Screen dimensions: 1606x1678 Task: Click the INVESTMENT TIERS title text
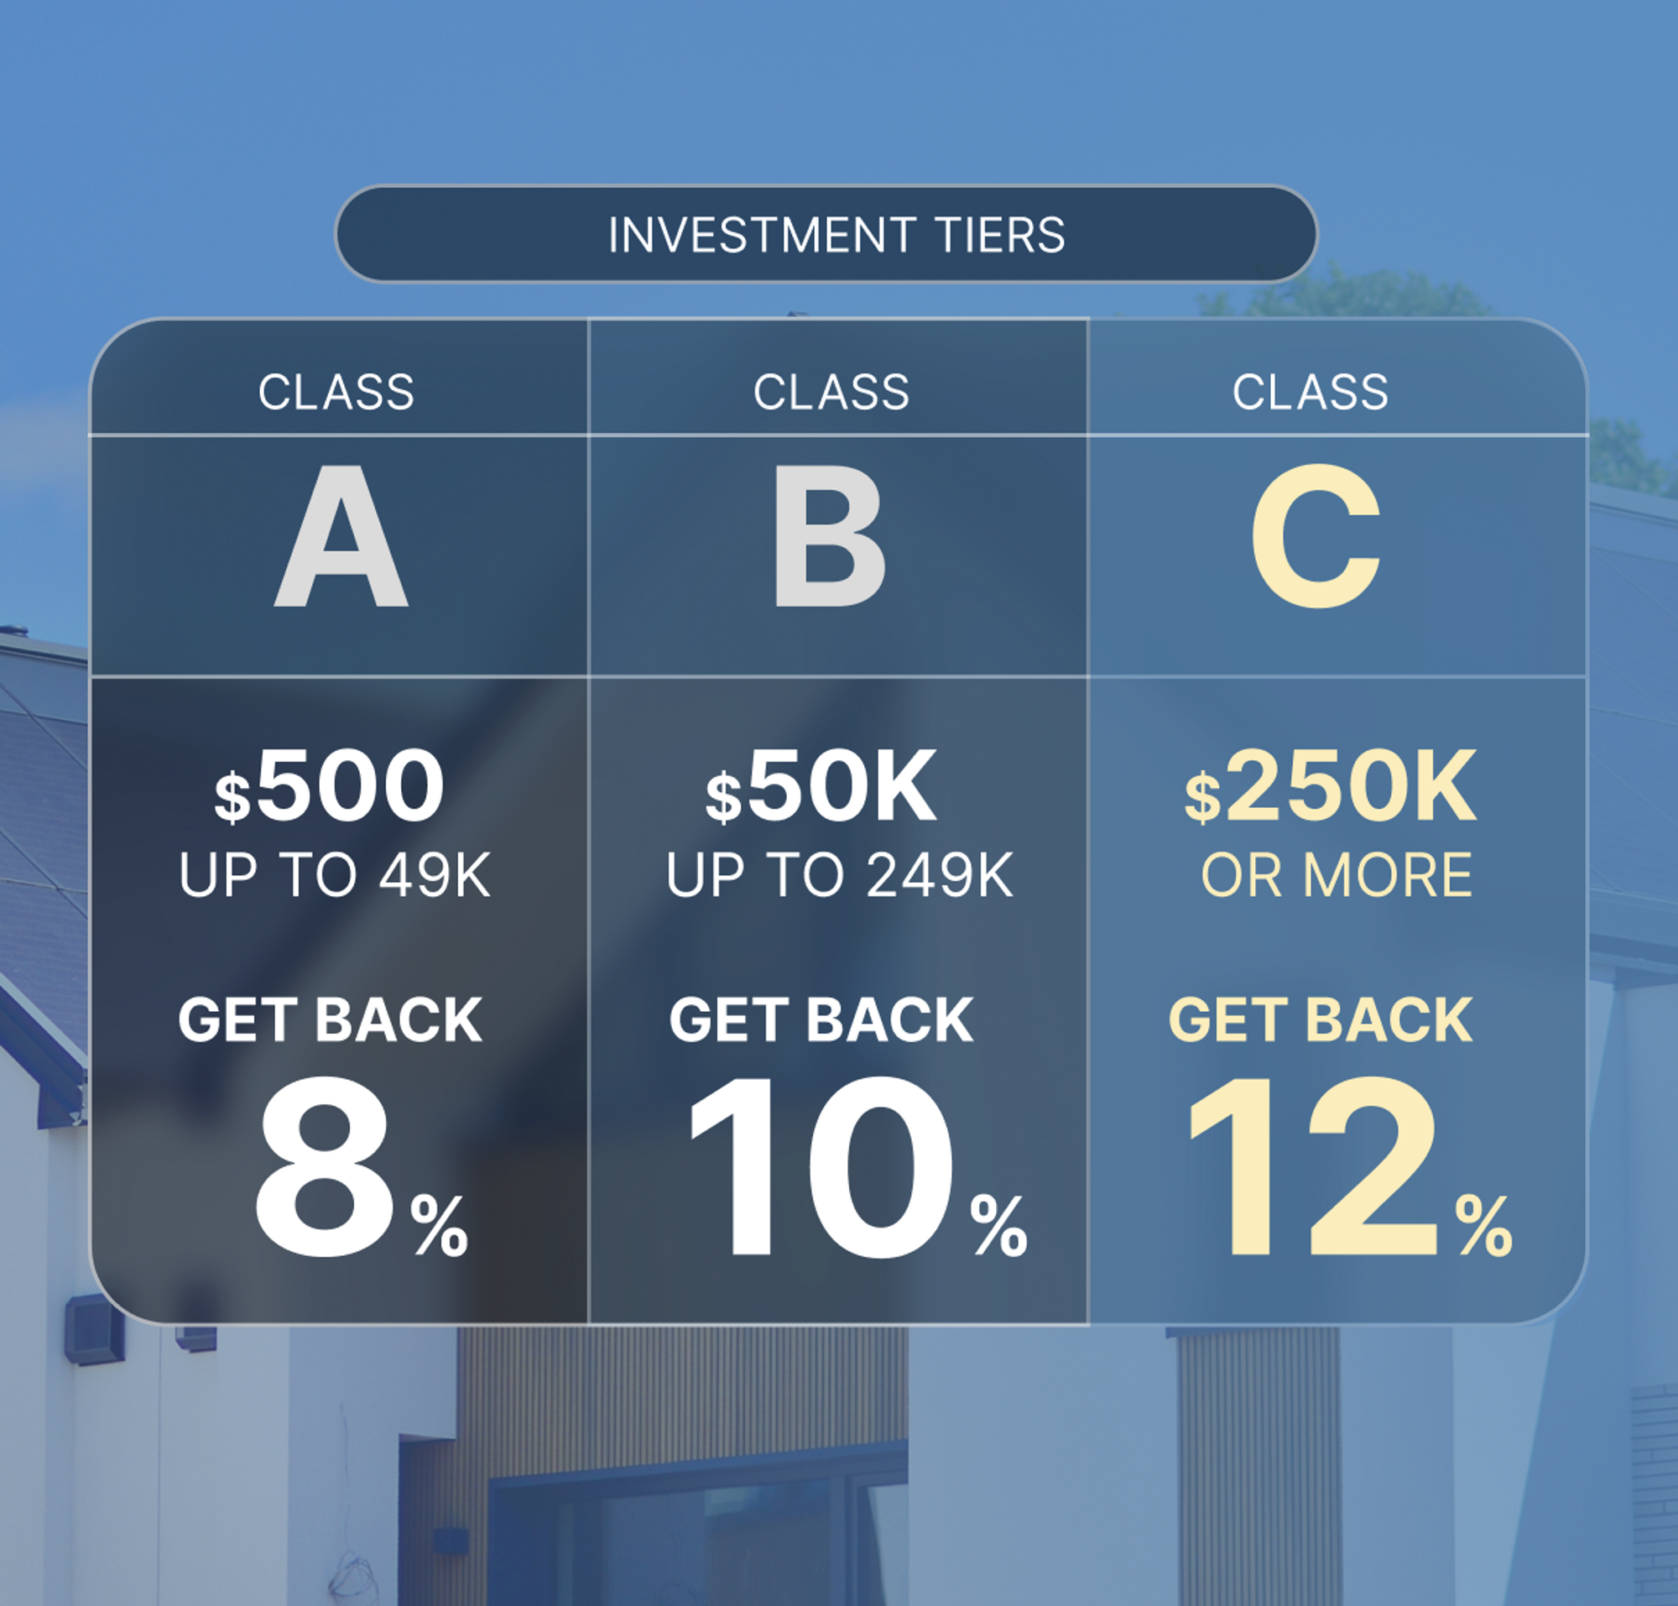836,235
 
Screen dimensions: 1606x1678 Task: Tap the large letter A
341,538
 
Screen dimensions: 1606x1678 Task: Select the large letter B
829,538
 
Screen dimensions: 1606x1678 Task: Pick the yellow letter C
1316,537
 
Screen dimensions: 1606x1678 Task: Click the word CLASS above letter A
336,392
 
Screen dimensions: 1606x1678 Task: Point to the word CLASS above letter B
831,392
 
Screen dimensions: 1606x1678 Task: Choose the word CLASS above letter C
1310,392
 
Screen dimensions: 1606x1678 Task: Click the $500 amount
331,786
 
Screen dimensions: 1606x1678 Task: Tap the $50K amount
821,786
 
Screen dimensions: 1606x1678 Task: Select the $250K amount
1331,786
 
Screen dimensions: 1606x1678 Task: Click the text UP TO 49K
335,876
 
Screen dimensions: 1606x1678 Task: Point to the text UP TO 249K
840,876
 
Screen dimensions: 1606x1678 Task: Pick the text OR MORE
1337,876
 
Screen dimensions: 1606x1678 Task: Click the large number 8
325,1166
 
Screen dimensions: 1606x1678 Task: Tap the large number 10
821,1166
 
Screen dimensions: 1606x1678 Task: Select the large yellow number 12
1314,1166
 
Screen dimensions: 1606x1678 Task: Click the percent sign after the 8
439,1226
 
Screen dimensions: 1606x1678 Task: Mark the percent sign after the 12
1483,1226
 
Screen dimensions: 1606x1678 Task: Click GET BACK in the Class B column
821,1020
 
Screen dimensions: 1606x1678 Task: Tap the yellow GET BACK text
1320,1020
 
